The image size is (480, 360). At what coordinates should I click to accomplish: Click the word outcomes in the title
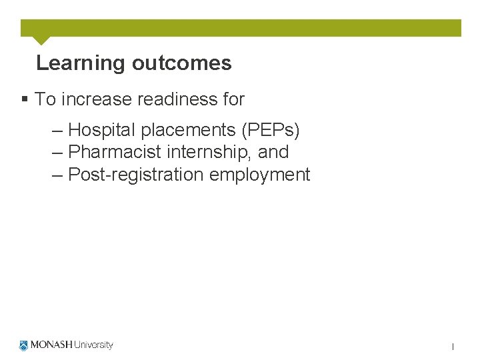tap(181, 63)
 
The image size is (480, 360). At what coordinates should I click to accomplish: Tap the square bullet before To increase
tap(25, 99)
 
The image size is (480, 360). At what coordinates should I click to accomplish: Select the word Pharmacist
tap(115, 152)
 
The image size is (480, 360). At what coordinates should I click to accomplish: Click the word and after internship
tap(273, 152)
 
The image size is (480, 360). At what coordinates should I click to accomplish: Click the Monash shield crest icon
tap(25, 345)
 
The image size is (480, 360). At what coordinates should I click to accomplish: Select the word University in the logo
tap(93, 345)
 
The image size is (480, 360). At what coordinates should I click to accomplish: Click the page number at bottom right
tap(453, 347)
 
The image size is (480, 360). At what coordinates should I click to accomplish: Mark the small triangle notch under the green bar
tap(41, 40)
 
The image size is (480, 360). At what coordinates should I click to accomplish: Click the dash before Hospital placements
tap(57, 129)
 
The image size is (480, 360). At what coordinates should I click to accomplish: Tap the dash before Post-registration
tap(57, 175)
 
